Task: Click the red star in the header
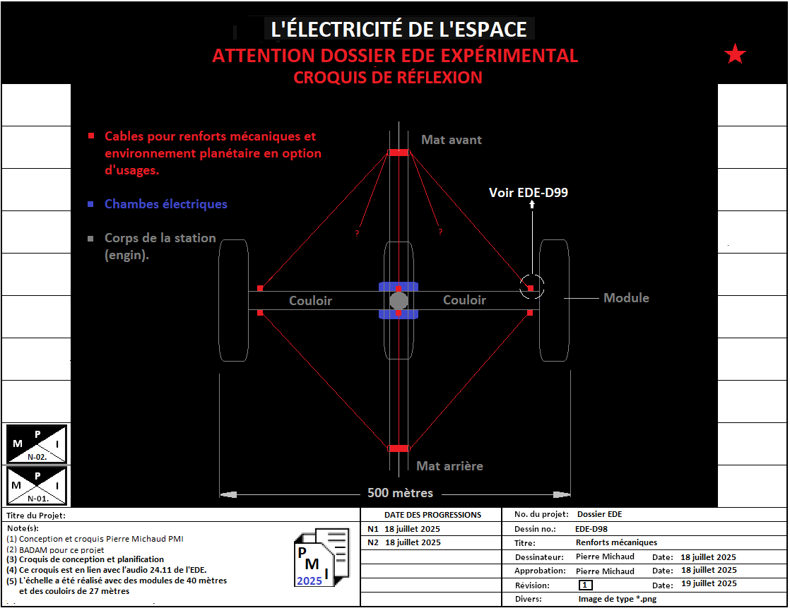pyautogui.click(x=736, y=54)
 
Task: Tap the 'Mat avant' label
pyautogui.click(x=451, y=140)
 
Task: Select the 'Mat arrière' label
pyautogui.click(x=449, y=466)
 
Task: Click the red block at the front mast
pyautogui.click(x=399, y=153)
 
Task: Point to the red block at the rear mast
pyautogui.click(x=399, y=448)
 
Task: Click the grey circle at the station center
pyautogui.click(x=399, y=301)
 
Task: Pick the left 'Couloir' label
pyautogui.click(x=310, y=301)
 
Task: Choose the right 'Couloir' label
pyautogui.click(x=464, y=300)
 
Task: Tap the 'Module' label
pyautogui.click(x=626, y=298)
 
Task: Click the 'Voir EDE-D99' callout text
pyautogui.click(x=529, y=192)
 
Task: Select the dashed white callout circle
pyautogui.click(x=532, y=287)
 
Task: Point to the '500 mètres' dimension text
pyautogui.click(x=400, y=493)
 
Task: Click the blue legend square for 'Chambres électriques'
pyautogui.click(x=90, y=204)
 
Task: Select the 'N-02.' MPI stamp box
pyautogui.click(x=37, y=444)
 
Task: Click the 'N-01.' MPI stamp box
pyautogui.click(x=37, y=485)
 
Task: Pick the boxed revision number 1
pyautogui.click(x=585, y=585)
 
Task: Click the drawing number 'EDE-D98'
pyautogui.click(x=591, y=528)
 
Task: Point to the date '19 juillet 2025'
pyautogui.click(x=708, y=583)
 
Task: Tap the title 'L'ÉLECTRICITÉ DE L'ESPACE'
pyautogui.click(x=399, y=30)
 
